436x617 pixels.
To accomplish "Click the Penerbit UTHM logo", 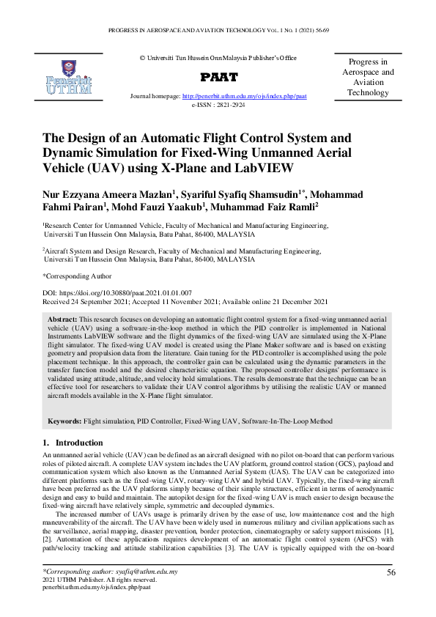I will click(x=69, y=75).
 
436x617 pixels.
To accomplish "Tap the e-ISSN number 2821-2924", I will click(x=229, y=105).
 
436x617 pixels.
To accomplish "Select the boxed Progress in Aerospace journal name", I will click(x=368, y=77).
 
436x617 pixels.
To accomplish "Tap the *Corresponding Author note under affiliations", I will click(x=77, y=276).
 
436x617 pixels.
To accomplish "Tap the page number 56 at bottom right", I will click(x=391, y=572).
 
